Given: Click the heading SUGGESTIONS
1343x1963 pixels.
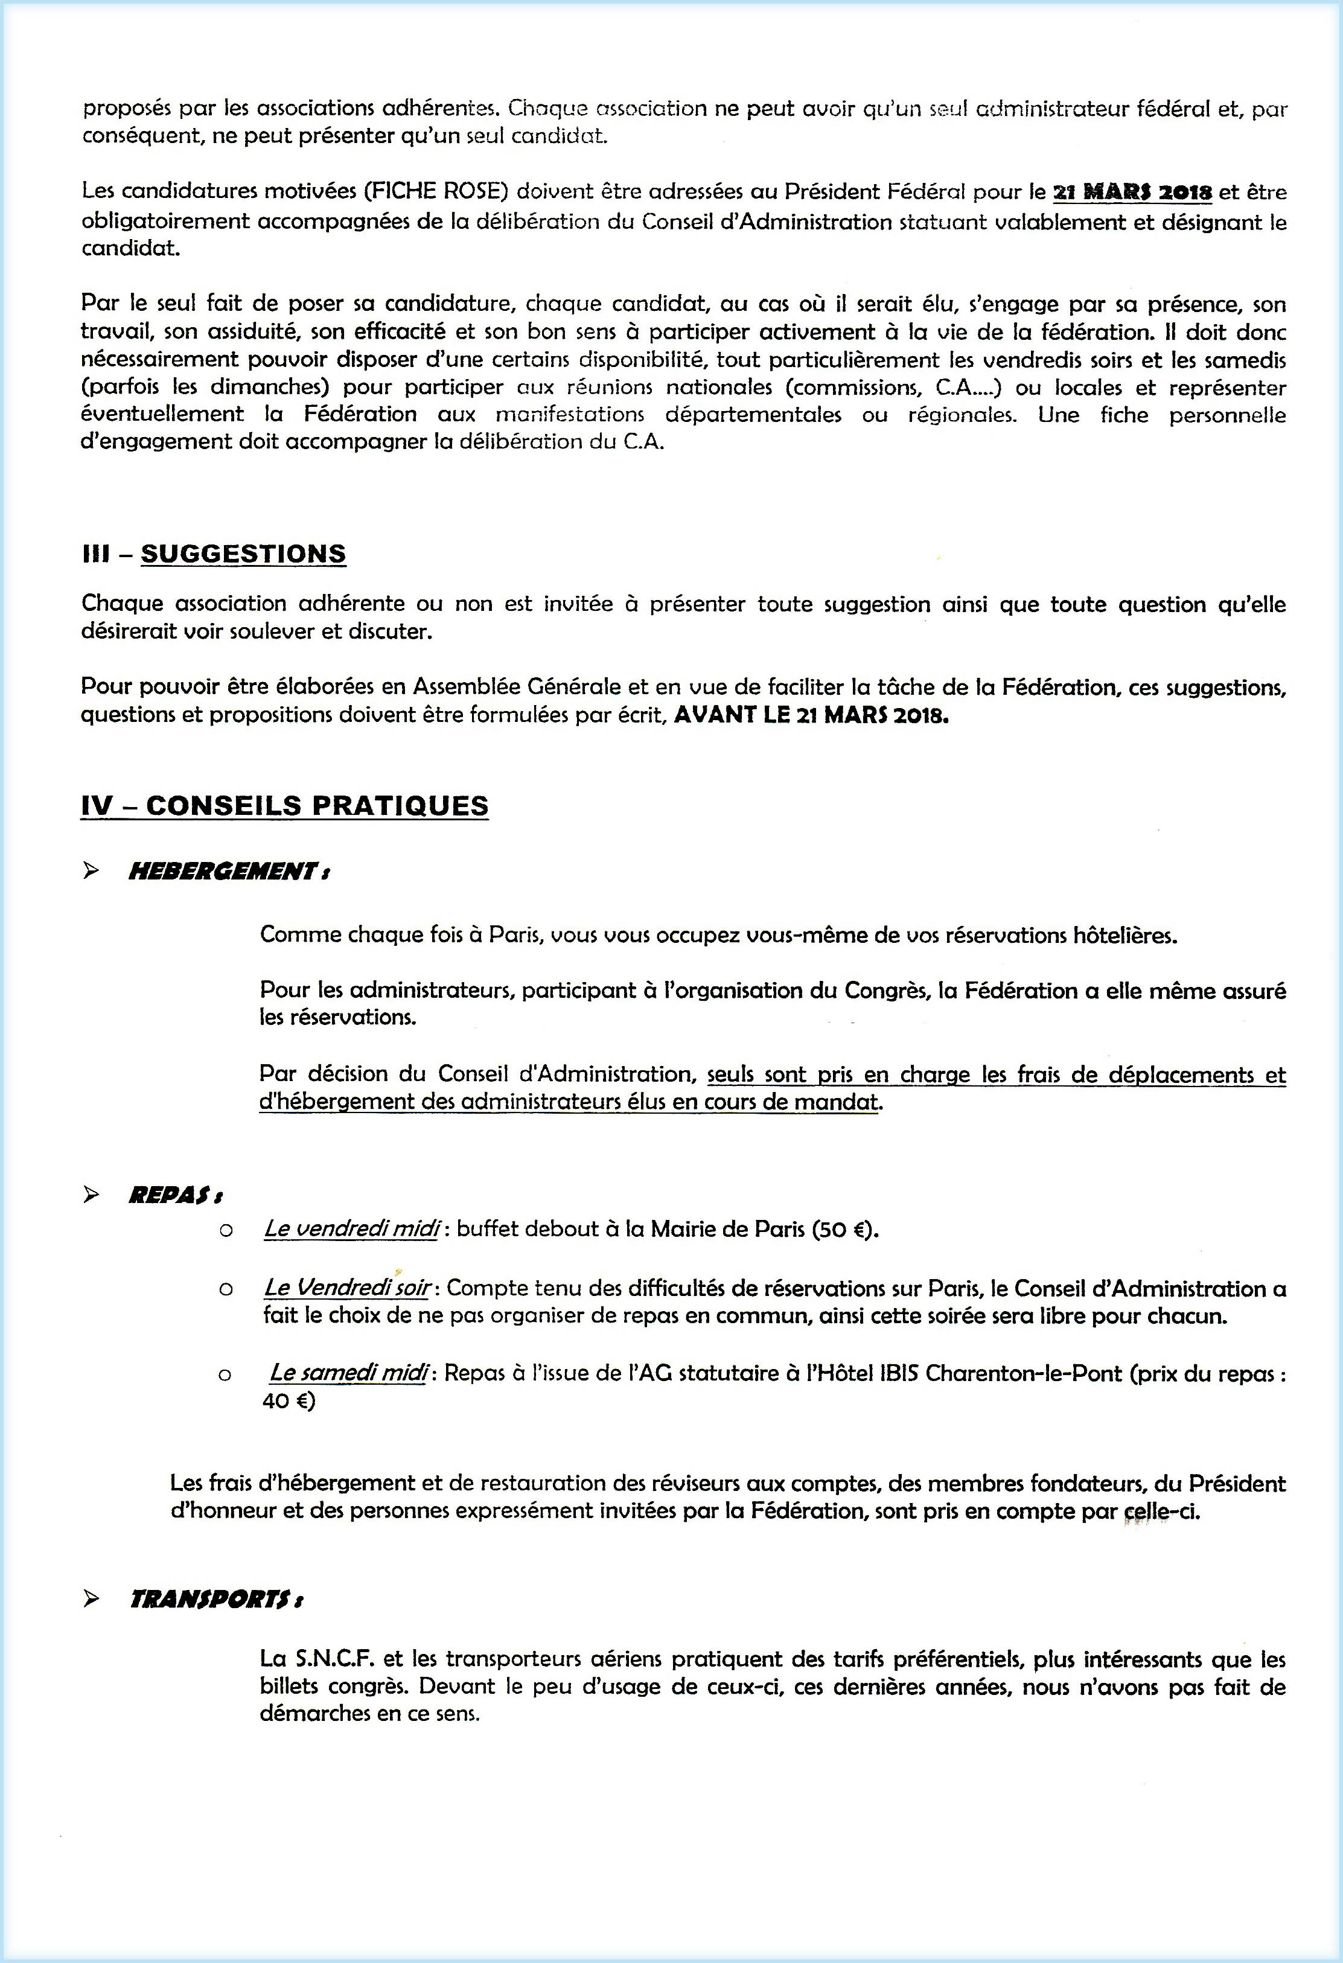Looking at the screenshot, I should [x=243, y=554].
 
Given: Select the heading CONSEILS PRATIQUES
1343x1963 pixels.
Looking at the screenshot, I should [x=317, y=805].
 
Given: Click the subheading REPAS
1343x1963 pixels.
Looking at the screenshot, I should [x=175, y=1195].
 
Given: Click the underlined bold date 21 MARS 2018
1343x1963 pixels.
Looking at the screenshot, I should [x=1132, y=193].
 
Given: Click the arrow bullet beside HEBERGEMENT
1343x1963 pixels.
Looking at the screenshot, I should [x=91, y=871].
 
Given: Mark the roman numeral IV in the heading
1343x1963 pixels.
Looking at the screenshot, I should [x=97, y=805].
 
